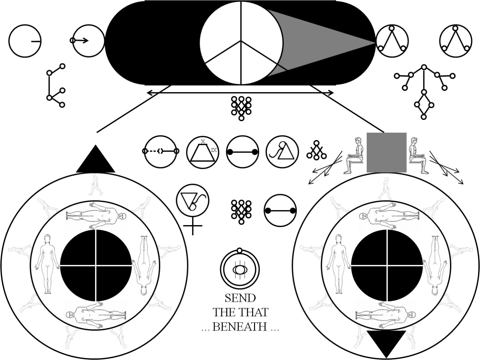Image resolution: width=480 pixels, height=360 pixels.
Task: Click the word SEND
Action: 240,298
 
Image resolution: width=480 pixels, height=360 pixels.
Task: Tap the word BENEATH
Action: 240,327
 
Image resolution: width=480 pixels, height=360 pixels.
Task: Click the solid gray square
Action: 387,153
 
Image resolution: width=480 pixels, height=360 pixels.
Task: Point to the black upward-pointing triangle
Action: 96,159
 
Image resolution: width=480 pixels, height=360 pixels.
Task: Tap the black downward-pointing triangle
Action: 387,344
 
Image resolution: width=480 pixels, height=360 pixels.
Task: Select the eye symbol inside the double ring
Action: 240,269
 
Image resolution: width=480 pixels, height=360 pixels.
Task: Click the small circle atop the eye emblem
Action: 240,251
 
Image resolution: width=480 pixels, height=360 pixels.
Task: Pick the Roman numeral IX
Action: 214,150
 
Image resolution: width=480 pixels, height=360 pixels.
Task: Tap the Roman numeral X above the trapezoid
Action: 203,141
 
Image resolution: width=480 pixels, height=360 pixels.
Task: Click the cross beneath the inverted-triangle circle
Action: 193,226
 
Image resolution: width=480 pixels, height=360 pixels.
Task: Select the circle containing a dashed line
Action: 161,152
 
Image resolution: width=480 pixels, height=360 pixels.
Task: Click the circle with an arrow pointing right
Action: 88,41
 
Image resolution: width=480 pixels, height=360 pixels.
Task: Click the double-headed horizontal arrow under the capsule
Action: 240,93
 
